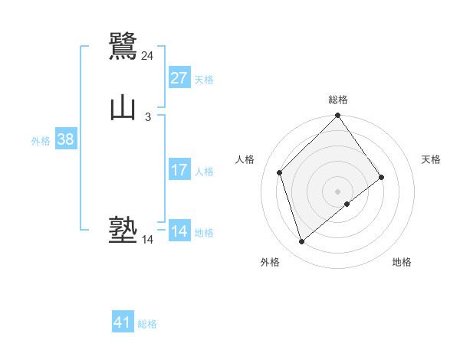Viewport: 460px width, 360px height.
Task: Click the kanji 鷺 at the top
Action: click(x=123, y=47)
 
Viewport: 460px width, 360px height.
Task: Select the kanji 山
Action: click(x=123, y=108)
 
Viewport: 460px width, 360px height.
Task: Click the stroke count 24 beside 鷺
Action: click(x=147, y=56)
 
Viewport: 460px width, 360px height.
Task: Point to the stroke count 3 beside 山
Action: click(x=147, y=117)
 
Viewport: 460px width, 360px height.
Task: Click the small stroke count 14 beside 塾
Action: click(x=147, y=240)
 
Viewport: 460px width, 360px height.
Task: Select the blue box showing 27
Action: click(x=179, y=78)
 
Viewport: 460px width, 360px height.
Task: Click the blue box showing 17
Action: click(x=179, y=170)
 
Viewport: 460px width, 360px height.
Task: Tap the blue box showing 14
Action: click(x=179, y=231)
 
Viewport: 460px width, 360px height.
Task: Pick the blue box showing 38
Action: click(x=65, y=139)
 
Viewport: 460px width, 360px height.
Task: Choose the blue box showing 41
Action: click(x=123, y=322)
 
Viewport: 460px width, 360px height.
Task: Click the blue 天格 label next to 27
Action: click(x=204, y=80)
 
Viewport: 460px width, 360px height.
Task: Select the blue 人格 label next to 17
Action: click(x=204, y=172)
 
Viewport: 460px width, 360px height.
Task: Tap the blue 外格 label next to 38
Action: click(x=41, y=141)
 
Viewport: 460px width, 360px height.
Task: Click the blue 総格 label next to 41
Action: click(x=147, y=324)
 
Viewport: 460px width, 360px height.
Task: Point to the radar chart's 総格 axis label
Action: click(x=338, y=100)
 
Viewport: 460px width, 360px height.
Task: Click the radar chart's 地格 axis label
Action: click(x=402, y=262)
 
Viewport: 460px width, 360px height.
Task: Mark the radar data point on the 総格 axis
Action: click(x=338, y=116)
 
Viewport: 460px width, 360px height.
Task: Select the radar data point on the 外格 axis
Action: click(x=301, y=242)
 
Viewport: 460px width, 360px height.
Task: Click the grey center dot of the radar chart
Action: click(x=338, y=191)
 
